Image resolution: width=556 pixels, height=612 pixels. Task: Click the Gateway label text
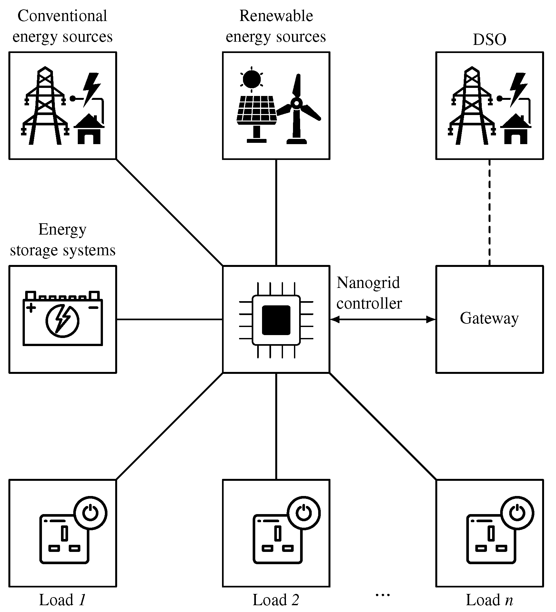click(489, 319)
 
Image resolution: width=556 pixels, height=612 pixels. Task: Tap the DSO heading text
click(489, 40)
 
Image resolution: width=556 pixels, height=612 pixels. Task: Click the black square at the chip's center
click(276, 320)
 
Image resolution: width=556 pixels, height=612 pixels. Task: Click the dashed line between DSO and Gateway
click(490, 212)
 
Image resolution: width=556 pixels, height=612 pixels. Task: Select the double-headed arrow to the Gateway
click(383, 320)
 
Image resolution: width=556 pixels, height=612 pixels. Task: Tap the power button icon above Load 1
click(90, 513)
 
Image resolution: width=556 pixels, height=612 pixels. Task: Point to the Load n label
click(489, 600)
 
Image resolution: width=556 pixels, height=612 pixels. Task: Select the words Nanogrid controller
click(369, 293)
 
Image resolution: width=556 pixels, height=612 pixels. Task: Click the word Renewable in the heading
click(276, 16)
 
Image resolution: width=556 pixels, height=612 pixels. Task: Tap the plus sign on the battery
click(31, 308)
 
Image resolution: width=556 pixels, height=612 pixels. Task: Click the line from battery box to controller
click(169, 320)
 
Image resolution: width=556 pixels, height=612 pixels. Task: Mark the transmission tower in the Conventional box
click(45, 107)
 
